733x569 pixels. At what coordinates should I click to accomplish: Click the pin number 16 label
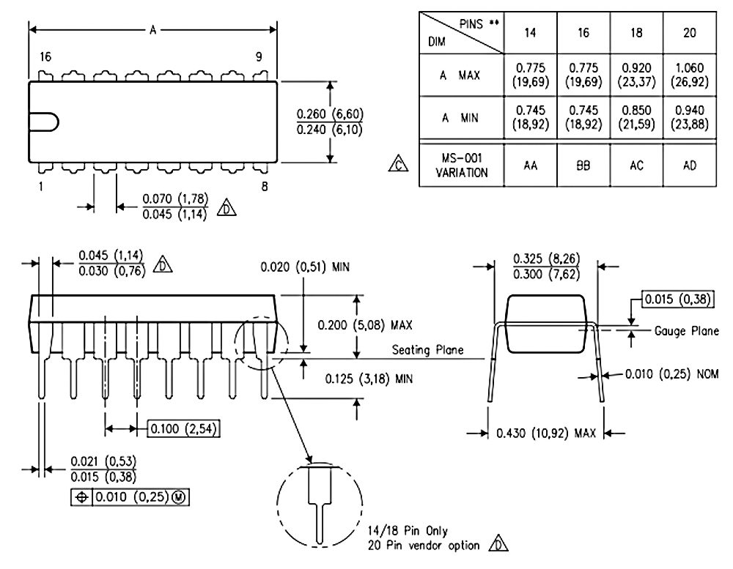coord(45,57)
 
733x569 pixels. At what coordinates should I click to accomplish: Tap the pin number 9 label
coord(259,57)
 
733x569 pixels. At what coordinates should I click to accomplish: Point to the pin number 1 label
coord(40,187)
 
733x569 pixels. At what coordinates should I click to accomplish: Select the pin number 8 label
coord(265,187)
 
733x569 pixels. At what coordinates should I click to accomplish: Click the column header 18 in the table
coord(636,33)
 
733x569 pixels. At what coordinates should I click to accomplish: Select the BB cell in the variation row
coord(583,166)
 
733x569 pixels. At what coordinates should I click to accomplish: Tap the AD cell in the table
coord(690,166)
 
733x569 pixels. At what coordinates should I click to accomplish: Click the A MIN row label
coord(460,118)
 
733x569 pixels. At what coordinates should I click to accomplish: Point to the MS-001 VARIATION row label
coord(461,166)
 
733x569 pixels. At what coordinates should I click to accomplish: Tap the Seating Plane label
coord(427,350)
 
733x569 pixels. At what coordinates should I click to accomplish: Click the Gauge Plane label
coord(686,331)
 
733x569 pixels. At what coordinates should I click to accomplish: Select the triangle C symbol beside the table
coord(398,163)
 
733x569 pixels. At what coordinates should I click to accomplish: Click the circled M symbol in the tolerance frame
coord(180,497)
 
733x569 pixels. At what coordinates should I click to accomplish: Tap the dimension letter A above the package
coord(153,30)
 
